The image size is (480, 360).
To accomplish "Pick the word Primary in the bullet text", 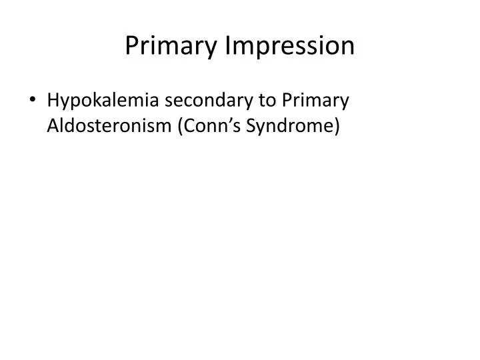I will click(x=314, y=102).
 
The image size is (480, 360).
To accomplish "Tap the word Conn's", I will click(x=203, y=126).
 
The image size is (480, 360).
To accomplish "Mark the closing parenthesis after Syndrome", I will click(x=337, y=126).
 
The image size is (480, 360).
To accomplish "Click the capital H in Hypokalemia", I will click(x=53, y=101).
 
